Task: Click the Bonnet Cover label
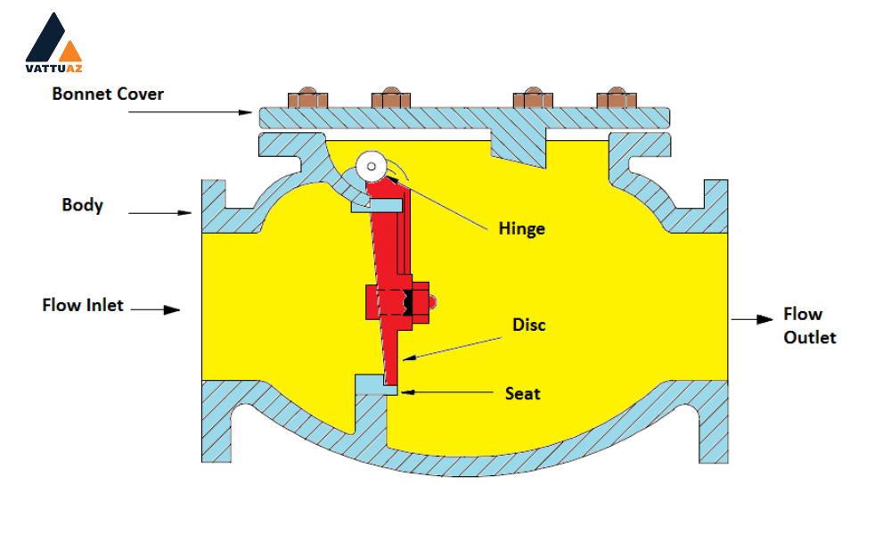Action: [x=108, y=94]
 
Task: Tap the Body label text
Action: [x=82, y=205]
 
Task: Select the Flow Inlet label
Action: [x=83, y=305]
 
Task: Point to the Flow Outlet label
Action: [x=810, y=325]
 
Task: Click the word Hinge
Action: [x=521, y=229]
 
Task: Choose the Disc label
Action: [x=529, y=325]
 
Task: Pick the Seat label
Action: [x=523, y=393]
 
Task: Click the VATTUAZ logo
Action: [x=53, y=43]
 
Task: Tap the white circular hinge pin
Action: [x=372, y=167]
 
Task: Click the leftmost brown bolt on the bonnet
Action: [x=307, y=98]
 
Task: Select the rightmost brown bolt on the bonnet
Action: [x=617, y=98]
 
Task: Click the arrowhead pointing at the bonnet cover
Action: [x=246, y=112]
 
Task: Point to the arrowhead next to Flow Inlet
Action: [x=172, y=310]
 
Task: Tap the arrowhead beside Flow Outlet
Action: [x=764, y=319]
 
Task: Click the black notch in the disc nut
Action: [x=407, y=302]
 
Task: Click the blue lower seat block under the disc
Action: [x=376, y=385]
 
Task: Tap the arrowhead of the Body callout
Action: [x=184, y=213]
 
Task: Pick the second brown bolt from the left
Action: [x=391, y=98]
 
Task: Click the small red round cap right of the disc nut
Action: [x=432, y=302]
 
